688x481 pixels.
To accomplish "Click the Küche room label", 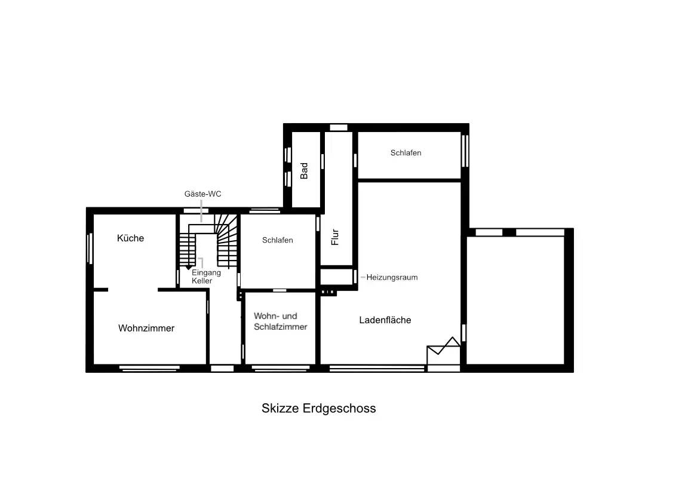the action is (x=130, y=238).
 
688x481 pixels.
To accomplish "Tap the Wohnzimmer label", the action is (x=146, y=328).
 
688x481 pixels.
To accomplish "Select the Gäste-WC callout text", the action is (x=202, y=194).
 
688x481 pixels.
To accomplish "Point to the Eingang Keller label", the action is (x=206, y=277).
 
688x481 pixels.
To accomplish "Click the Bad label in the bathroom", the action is (x=303, y=171).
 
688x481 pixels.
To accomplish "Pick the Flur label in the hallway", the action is (x=335, y=237).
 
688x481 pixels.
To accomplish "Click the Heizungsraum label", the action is (x=392, y=277).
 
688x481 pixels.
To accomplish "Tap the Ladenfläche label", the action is (x=385, y=320).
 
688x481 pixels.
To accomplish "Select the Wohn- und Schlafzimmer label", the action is (x=280, y=321).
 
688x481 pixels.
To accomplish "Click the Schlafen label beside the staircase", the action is (x=277, y=240).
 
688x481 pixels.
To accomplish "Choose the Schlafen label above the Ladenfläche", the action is (x=406, y=153).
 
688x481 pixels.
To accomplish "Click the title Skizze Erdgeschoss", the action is (x=318, y=408).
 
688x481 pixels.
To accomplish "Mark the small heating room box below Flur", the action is (x=336, y=277).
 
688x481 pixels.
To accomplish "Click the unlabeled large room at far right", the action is (x=515, y=300).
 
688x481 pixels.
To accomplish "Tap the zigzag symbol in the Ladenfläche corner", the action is (x=444, y=346).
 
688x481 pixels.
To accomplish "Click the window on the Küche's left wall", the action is (x=90, y=249).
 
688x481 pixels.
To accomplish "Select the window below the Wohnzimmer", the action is (x=149, y=368).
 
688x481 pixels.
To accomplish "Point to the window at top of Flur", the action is (x=338, y=127).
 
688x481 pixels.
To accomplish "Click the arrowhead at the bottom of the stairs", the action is (x=189, y=267).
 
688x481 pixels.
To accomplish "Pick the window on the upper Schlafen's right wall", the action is (x=465, y=151).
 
